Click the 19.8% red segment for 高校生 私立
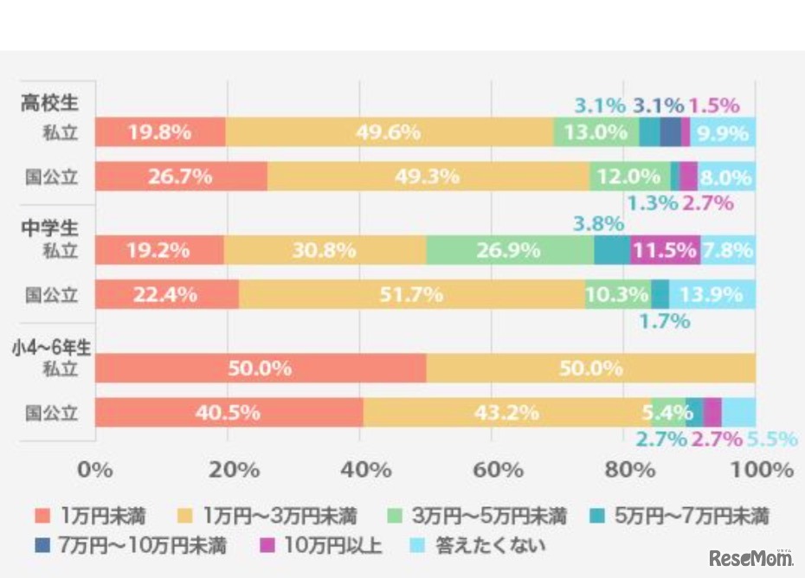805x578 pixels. coord(160,132)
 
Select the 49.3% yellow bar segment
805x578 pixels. coord(428,177)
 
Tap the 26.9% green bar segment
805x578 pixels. coord(510,251)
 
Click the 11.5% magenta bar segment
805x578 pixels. coord(665,251)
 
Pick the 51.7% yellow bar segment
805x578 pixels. coord(411,294)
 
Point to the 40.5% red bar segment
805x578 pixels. coord(229,413)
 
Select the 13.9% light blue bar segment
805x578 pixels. coord(712,294)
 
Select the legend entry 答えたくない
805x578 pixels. coord(481,546)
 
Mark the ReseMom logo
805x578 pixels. coord(751,558)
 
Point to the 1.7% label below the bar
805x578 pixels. coord(664,322)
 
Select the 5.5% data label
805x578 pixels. coord(772,440)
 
